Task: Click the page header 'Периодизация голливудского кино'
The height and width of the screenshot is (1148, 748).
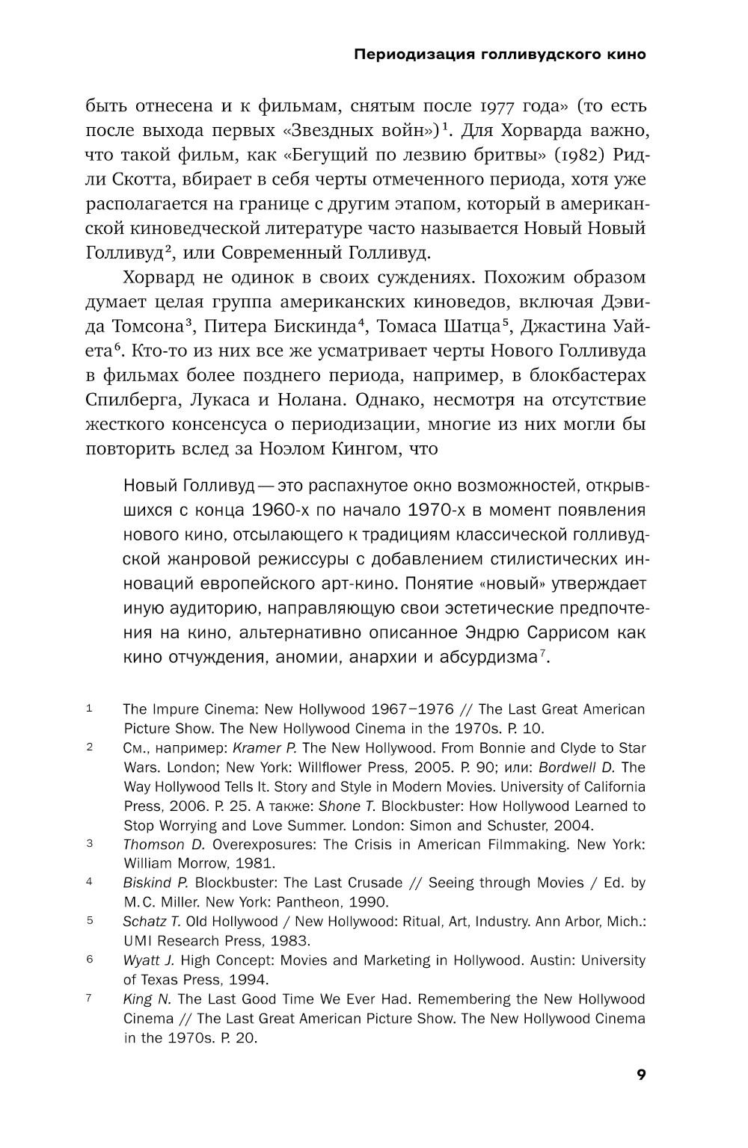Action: click(x=499, y=55)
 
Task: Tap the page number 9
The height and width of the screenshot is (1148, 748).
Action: click(x=640, y=1075)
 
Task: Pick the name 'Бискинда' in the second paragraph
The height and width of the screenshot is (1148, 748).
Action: click(x=311, y=327)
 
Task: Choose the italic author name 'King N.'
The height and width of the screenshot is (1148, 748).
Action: click(x=147, y=999)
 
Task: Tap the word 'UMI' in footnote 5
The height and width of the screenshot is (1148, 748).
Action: click(x=138, y=941)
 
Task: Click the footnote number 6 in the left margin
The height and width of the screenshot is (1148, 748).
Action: click(x=89, y=960)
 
